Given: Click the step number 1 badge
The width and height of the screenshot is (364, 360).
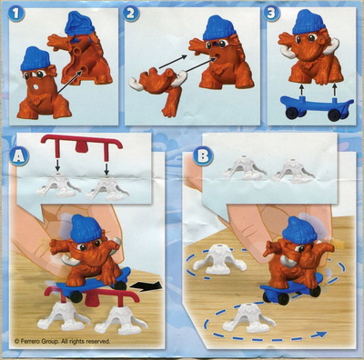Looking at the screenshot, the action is coord(15,14).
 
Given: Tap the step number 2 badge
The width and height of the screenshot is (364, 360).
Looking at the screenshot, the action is coord(131,14).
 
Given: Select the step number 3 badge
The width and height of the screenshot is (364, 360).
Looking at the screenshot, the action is coord(272,14).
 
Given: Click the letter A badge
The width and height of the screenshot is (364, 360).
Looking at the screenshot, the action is coord(19,157).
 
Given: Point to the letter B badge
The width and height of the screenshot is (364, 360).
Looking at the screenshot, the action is coord(203,157).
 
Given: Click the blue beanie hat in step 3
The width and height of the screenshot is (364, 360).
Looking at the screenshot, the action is coord(307,22).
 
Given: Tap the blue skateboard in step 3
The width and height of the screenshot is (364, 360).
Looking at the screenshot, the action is coord(317,107).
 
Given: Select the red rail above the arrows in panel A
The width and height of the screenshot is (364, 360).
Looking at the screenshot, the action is coord(82,144).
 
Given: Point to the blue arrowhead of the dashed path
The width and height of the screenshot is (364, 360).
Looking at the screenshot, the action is coord(321,335).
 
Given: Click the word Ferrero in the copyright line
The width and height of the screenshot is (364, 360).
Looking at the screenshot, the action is coord(33,341).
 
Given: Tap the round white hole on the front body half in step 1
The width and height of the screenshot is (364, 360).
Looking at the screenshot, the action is coord(35,87).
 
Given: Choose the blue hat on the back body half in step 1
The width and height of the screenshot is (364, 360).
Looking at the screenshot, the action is coord(79,24).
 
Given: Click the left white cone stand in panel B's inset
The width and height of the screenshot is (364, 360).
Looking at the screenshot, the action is coord(245,167).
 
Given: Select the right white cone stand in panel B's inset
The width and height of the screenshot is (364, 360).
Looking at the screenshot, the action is coord(294,170).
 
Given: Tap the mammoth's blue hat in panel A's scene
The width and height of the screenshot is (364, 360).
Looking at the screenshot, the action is coord(86,227).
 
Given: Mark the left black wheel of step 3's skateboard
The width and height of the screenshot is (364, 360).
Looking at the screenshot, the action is coord(291,113).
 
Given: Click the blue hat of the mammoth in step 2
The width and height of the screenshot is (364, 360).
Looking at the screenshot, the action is coord(219,27).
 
